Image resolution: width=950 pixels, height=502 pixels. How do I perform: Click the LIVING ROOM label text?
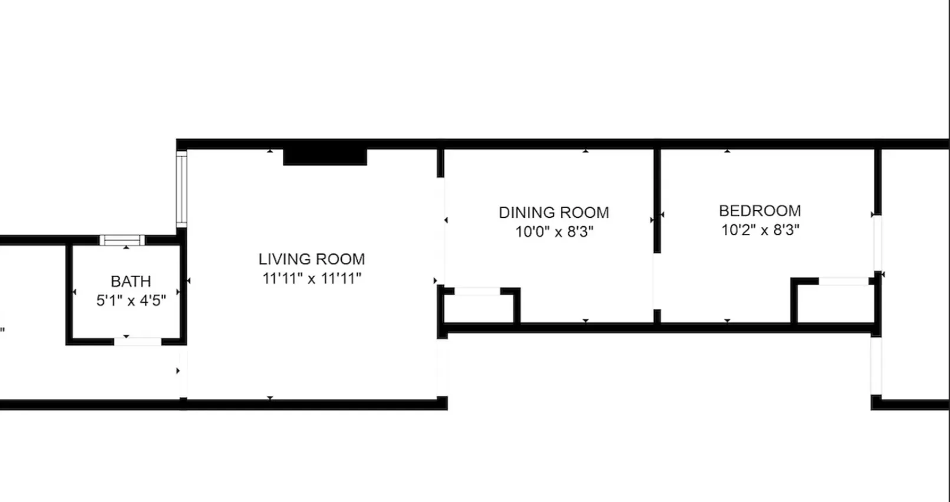312,259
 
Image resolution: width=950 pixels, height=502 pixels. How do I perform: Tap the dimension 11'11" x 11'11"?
312,278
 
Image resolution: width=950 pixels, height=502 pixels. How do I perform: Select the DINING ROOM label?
553,212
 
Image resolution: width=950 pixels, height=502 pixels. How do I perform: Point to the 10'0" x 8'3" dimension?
553,232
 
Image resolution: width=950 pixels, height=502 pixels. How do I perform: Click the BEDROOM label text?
760,210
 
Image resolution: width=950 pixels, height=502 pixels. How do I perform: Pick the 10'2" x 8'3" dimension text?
760,230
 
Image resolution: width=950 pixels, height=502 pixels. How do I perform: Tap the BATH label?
131,281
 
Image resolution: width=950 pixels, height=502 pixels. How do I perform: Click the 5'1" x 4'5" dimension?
131,300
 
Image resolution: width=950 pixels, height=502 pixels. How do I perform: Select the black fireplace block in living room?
325,157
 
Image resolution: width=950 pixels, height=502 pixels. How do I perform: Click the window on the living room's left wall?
182,189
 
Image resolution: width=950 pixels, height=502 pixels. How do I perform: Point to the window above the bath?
122,240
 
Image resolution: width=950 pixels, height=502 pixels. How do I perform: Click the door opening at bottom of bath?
137,341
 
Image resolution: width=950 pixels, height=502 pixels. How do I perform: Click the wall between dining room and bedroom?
657,200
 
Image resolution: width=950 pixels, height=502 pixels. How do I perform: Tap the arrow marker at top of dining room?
585,151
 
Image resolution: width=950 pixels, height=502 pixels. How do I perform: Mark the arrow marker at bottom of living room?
270,398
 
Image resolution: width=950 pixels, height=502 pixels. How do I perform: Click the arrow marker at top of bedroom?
727,151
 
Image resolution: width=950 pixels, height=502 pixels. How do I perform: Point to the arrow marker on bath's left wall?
74,292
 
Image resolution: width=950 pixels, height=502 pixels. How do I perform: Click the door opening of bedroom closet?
844,282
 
